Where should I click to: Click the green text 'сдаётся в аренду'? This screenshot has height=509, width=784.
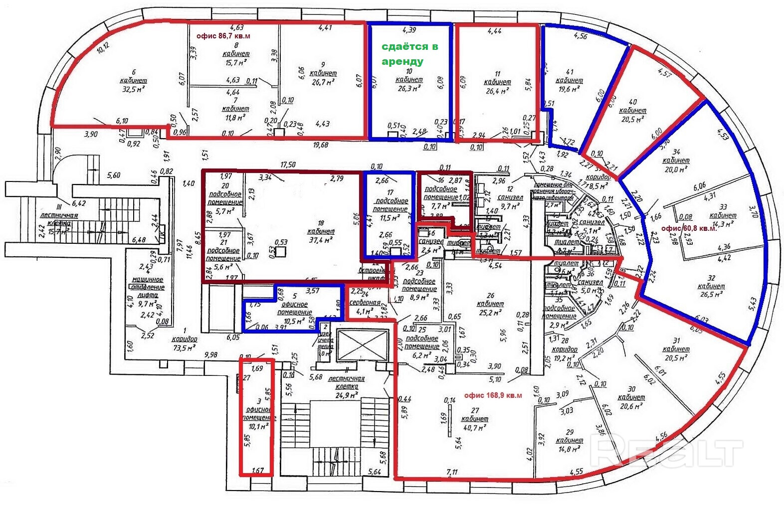(409, 53)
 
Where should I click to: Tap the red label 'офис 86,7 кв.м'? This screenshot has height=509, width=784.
(223, 36)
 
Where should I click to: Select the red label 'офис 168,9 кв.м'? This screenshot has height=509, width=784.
(493, 395)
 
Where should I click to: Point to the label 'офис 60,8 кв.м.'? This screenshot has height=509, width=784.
(689, 228)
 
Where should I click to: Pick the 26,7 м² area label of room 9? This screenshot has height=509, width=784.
(323, 82)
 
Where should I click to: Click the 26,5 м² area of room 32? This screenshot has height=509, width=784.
(712, 295)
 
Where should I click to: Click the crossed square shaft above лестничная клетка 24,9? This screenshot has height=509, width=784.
(362, 345)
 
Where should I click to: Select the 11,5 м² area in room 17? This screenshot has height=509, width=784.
(391, 218)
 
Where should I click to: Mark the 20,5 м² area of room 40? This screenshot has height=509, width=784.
(632, 119)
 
